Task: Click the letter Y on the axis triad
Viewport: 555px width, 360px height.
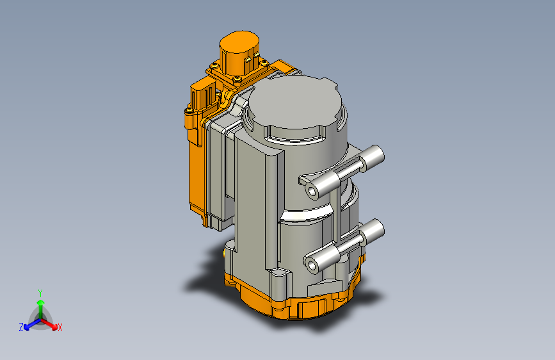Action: tap(40, 293)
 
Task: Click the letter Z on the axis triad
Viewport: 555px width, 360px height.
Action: tap(21, 327)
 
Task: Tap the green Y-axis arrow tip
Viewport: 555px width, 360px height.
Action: tap(41, 303)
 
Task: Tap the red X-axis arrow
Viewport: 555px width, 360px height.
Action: tap(49, 324)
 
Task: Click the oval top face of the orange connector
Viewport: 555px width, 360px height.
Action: tap(239, 42)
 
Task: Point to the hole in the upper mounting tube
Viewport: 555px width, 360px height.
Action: tap(312, 192)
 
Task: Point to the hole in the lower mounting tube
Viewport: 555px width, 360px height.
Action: tap(312, 265)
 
